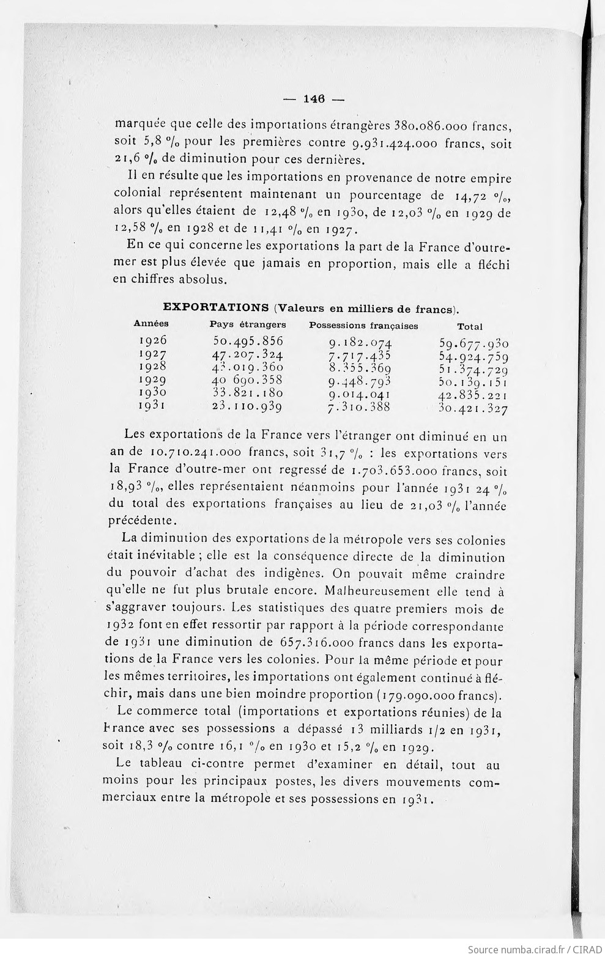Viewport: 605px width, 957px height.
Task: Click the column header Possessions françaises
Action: click(x=363, y=326)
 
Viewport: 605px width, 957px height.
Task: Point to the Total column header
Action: click(x=470, y=327)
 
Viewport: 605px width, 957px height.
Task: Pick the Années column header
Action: click(x=151, y=323)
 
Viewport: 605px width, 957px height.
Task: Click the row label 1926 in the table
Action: click(x=153, y=340)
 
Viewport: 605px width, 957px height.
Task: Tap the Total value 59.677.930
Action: click(x=473, y=343)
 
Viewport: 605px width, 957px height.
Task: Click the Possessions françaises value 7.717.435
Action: click(x=360, y=356)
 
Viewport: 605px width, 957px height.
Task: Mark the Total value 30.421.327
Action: click(x=473, y=409)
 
